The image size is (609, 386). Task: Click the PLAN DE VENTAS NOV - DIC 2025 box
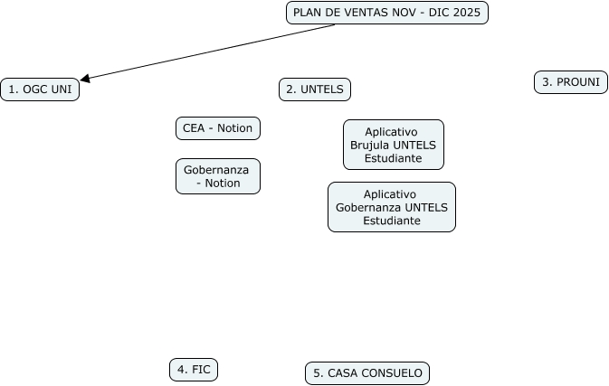(x=387, y=13)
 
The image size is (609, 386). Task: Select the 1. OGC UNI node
(x=40, y=89)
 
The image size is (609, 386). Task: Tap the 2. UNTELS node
(x=315, y=89)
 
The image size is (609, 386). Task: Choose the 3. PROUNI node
(x=571, y=82)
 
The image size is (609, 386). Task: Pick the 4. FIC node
(x=194, y=369)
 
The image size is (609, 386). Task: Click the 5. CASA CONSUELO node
(x=367, y=372)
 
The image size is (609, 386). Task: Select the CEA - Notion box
(x=217, y=128)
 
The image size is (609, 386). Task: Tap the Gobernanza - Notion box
(x=217, y=176)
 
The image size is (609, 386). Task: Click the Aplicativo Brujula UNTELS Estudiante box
(x=393, y=145)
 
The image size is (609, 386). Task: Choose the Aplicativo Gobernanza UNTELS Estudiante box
(x=391, y=207)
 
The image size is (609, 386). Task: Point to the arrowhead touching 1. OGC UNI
(x=85, y=79)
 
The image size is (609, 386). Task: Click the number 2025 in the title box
(x=467, y=13)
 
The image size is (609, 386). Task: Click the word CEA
(x=194, y=128)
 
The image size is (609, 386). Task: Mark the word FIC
(x=201, y=369)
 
